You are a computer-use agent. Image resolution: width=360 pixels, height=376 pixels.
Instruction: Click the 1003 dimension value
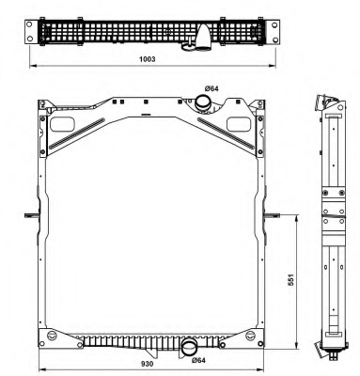tap(147, 59)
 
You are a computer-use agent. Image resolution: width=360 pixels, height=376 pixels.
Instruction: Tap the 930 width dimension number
tap(147, 364)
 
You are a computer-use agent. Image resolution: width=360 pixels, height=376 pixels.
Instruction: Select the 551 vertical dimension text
tap(291, 280)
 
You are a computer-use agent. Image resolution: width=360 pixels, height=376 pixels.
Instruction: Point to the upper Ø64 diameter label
tap(211, 88)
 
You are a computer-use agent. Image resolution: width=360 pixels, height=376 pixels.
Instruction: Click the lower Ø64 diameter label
tap(198, 360)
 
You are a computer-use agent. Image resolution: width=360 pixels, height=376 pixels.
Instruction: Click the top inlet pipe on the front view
tap(203, 103)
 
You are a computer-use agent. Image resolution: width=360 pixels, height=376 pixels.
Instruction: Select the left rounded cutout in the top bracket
tap(62, 124)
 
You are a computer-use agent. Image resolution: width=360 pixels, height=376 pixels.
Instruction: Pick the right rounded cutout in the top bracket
tap(239, 124)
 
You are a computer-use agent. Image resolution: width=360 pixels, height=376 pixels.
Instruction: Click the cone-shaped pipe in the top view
tap(203, 37)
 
